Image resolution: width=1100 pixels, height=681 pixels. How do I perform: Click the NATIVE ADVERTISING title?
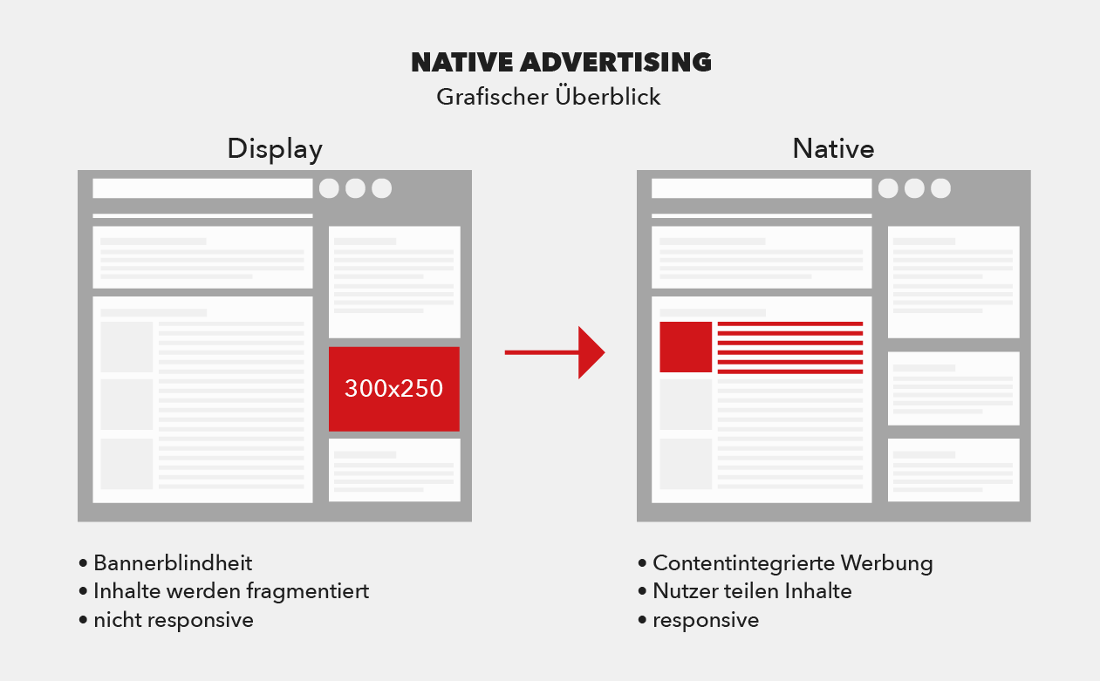tap(561, 63)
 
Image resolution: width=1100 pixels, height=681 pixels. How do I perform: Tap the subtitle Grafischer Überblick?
tap(549, 96)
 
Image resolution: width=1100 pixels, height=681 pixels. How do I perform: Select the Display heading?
tap(275, 149)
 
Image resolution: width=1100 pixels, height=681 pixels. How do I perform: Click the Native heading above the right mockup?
tap(833, 148)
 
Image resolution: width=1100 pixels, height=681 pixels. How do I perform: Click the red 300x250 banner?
tap(394, 389)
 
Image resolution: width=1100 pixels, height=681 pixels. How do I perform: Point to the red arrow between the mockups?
tap(555, 352)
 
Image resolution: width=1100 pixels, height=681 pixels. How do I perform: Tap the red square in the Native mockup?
tap(686, 347)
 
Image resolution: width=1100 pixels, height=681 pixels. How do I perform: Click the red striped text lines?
tap(790, 348)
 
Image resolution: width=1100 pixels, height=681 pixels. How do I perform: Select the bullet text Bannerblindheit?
tap(173, 563)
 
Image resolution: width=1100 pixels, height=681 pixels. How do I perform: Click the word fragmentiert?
tap(308, 592)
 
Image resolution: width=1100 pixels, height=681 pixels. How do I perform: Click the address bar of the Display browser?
tap(202, 188)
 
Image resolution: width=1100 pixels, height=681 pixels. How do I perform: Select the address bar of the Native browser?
tap(762, 188)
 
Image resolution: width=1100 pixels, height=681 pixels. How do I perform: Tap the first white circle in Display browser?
tap(329, 188)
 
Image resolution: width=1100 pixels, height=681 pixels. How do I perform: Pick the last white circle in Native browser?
tap(941, 188)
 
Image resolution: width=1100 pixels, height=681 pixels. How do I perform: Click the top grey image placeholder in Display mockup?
tap(126, 347)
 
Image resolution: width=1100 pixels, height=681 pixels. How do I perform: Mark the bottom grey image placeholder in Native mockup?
tap(686, 464)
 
